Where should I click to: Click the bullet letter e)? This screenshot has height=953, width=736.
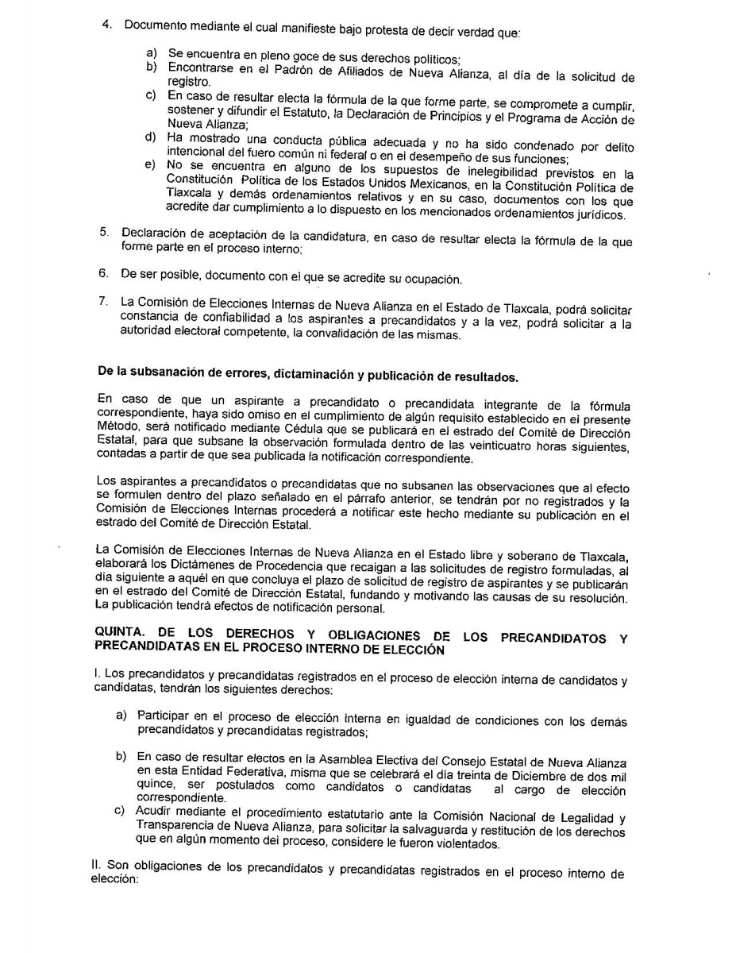pos(149,166)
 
